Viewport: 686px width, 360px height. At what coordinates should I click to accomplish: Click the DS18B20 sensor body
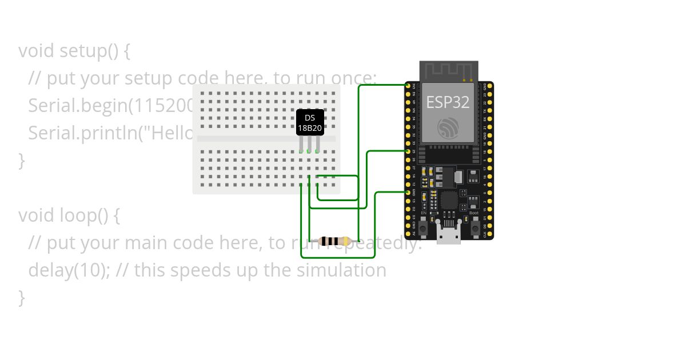(310, 122)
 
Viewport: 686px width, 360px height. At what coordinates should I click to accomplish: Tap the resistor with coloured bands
(335, 241)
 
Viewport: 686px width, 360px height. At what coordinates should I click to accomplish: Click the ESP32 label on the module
(448, 102)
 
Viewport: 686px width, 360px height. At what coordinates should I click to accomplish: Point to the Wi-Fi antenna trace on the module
(448, 71)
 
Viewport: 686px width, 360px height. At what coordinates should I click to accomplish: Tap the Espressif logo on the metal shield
(448, 127)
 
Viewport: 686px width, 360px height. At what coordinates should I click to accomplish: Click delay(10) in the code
(69, 270)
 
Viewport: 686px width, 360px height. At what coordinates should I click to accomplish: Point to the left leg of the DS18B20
(301, 144)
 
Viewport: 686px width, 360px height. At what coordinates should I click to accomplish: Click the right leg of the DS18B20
(318, 144)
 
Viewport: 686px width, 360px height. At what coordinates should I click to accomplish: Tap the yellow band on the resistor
(346, 241)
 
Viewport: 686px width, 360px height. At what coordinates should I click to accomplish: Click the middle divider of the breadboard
(266, 138)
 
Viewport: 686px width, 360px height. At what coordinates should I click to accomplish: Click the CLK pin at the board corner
(485, 234)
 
